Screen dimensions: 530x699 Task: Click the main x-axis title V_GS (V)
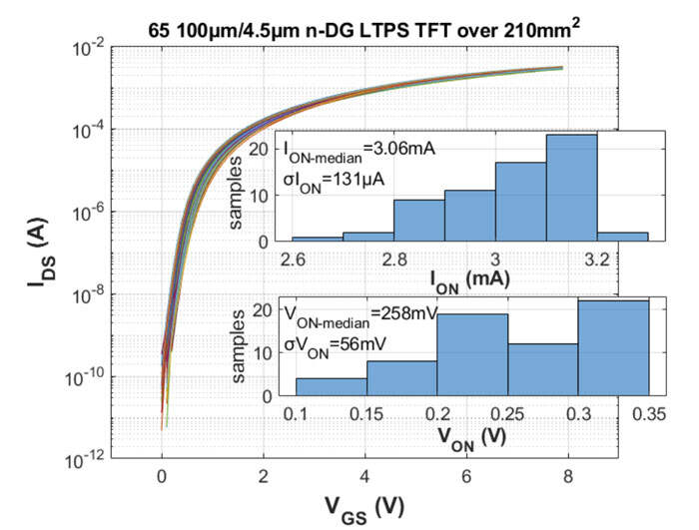coord(362,508)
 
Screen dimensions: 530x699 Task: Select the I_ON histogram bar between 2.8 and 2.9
coord(418,221)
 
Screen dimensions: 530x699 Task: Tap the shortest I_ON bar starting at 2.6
coord(317,239)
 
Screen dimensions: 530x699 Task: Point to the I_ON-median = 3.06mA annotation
coord(360,150)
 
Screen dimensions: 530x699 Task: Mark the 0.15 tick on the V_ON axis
coord(366,413)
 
